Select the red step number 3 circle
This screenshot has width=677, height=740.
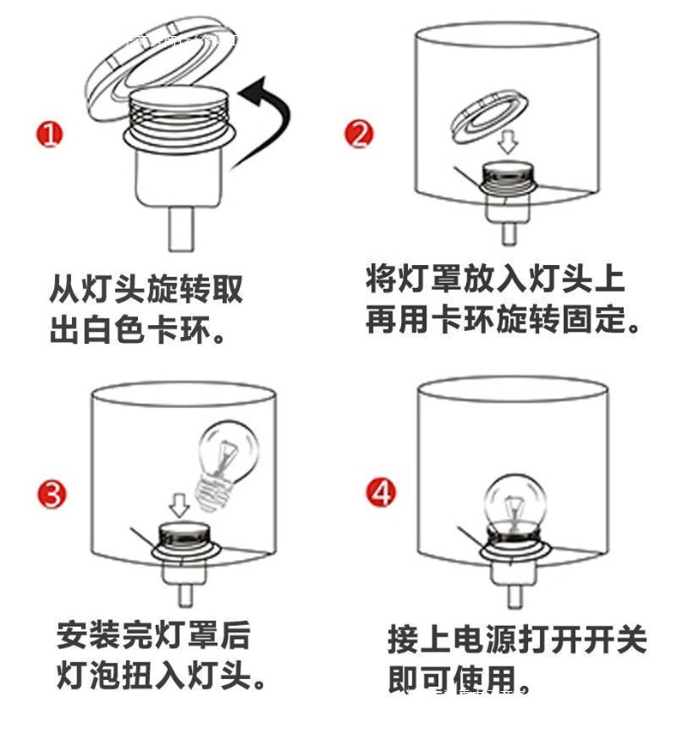(51, 495)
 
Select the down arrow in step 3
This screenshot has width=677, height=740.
(179, 504)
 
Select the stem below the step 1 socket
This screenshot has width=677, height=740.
(181, 229)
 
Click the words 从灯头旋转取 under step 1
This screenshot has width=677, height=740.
(146, 290)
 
